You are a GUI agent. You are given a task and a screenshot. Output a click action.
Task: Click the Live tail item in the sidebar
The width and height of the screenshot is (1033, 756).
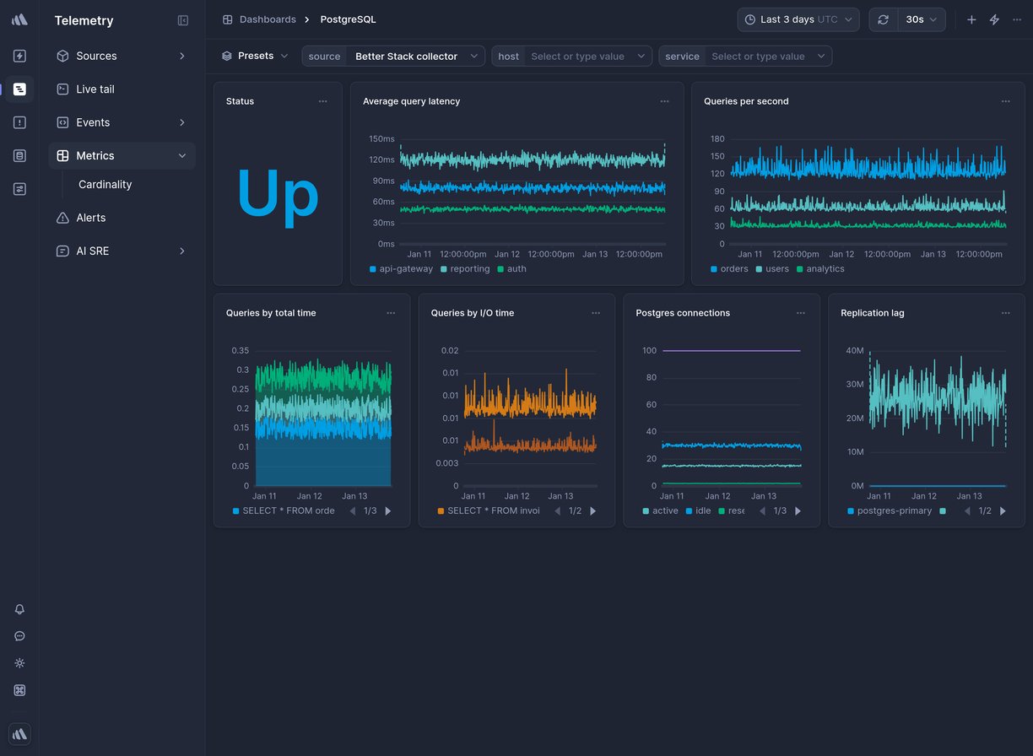[95, 89]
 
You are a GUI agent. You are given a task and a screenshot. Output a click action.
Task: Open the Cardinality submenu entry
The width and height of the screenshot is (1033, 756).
[105, 185]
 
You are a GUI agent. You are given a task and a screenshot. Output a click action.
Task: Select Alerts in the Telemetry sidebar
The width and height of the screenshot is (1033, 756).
[90, 218]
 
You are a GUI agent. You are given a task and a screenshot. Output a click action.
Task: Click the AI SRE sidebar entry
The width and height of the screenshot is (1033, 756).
[92, 251]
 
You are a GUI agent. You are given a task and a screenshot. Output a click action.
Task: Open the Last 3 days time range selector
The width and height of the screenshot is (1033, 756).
[798, 19]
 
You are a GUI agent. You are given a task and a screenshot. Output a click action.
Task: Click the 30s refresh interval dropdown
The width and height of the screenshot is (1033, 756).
[921, 19]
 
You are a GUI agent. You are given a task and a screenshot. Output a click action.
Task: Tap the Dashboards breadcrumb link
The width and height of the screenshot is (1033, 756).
[267, 19]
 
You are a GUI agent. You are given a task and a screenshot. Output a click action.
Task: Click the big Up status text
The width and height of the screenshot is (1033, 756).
[277, 194]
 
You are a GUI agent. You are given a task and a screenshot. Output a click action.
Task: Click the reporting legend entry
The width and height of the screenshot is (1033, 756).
[469, 269]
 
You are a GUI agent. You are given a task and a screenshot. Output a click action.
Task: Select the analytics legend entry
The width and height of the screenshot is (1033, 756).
[825, 269]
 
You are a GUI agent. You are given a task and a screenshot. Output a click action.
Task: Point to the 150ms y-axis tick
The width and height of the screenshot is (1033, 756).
[381, 139]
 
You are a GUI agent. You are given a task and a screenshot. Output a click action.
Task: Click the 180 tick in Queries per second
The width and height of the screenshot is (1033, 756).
[717, 139]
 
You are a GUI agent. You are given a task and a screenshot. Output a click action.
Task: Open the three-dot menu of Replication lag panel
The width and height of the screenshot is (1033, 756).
[1005, 313]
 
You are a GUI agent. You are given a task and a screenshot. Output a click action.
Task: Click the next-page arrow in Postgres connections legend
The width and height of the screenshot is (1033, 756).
[798, 511]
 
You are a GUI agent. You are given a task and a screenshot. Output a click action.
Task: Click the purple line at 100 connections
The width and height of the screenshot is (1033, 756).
[731, 350]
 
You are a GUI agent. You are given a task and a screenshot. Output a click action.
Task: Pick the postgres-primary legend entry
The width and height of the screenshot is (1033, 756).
[894, 511]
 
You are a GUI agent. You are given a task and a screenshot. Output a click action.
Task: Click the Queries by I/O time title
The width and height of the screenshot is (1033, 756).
[472, 313]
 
